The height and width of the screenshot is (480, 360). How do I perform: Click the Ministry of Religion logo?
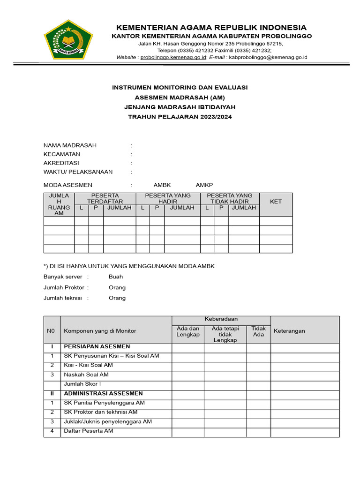pos(68,40)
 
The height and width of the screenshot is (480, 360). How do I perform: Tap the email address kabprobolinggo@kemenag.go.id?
pos(268,57)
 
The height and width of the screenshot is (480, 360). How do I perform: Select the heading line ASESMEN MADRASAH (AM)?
pos(180,97)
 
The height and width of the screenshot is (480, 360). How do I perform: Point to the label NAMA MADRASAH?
pos(70,145)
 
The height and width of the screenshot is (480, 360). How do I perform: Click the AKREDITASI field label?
pos(61,163)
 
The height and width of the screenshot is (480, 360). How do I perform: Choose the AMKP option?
pos(204,185)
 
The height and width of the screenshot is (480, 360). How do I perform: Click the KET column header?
pos(276,202)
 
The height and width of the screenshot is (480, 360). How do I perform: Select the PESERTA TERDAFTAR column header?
pos(105,198)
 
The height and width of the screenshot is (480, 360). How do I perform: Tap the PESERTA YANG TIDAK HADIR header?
pos(230,198)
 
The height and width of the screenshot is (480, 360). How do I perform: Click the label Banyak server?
pos(63,277)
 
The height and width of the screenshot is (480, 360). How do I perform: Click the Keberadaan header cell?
pos(221,319)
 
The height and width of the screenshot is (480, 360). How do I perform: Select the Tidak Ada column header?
pos(258,331)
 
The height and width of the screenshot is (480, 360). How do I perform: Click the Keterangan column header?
pos(289,330)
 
